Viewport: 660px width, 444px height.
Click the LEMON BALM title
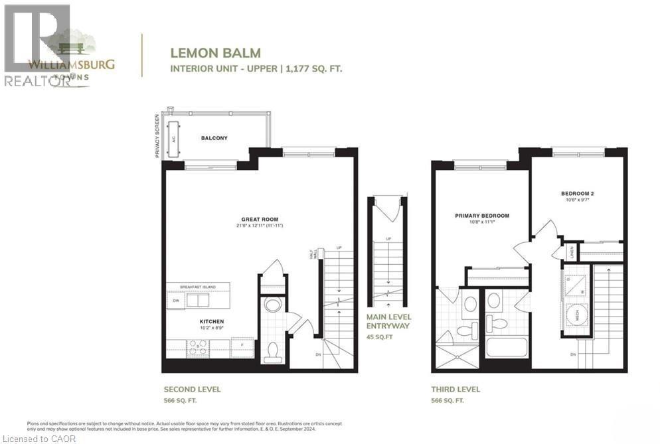pos(216,52)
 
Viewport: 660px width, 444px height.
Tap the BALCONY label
pos(214,138)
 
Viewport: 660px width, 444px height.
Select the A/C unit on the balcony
pos(175,140)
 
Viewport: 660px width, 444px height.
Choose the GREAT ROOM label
pos(260,219)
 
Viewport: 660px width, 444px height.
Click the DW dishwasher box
pos(175,300)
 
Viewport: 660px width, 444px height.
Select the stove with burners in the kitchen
pos(197,346)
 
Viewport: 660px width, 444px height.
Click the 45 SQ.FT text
pos(380,336)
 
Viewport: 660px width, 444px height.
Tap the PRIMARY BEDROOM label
pos(481,216)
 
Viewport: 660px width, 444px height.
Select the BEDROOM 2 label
pos(577,194)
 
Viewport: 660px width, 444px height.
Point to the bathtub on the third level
pos(506,346)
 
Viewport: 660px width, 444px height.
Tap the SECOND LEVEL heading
pos(192,390)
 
